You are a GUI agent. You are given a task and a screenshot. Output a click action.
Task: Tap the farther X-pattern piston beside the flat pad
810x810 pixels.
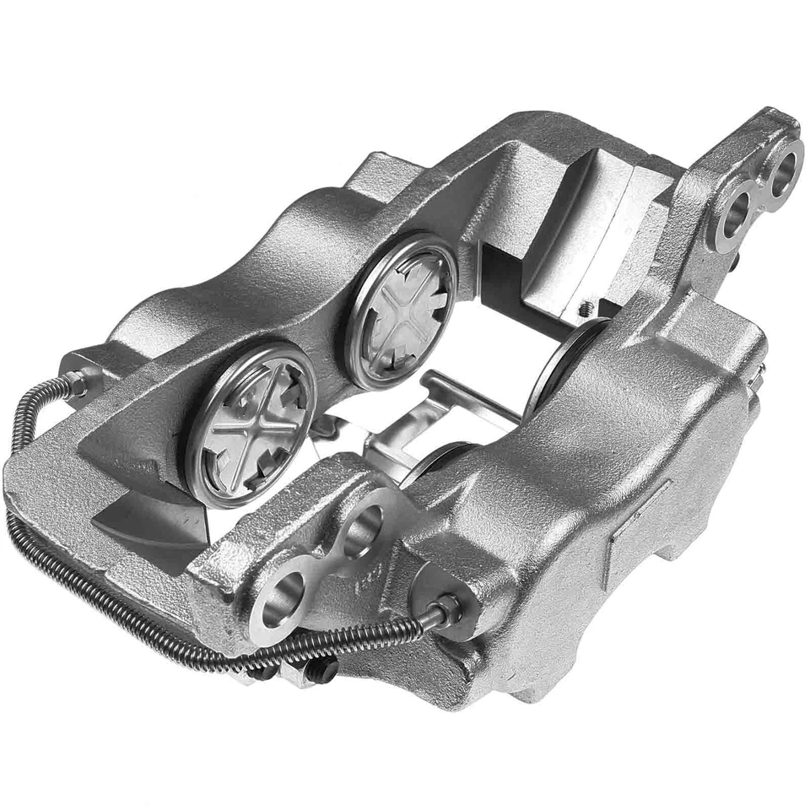[402, 311]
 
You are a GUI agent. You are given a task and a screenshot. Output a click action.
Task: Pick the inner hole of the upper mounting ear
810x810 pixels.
[732, 208]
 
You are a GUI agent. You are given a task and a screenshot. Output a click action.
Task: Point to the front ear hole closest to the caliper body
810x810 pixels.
[363, 529]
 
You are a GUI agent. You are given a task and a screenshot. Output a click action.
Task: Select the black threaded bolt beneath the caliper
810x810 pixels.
[320, 671]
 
